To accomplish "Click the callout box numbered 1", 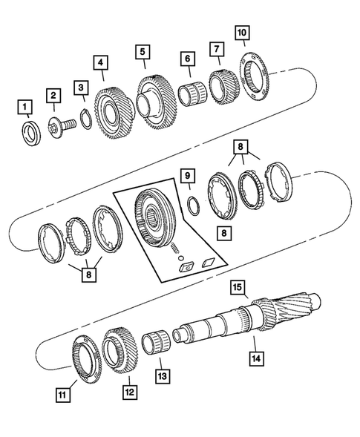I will coord(26,109).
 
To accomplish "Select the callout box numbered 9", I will coord(189,177).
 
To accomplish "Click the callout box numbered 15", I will coord(236,286).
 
